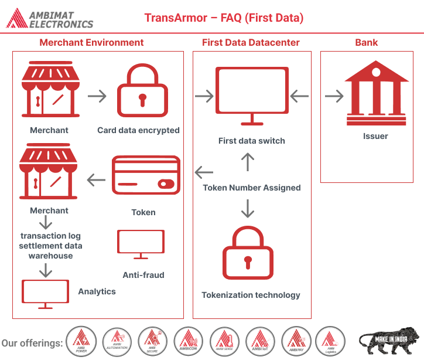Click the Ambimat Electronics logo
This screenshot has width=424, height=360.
pos(50,18)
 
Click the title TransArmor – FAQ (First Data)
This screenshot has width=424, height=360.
pos(224,18)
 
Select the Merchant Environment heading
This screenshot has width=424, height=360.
pos(91,42)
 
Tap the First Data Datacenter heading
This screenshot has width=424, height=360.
pos(251,42)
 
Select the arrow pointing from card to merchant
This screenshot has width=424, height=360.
pos(96,179)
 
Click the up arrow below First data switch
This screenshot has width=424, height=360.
pos(248,161)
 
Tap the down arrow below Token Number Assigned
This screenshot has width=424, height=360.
pos(248,208)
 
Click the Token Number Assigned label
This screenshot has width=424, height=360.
pos(252,188)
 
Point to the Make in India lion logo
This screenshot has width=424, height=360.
pos(389,341)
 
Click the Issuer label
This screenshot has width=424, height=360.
pos(375,136)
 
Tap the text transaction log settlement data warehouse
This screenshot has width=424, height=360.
pos(50,246)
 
